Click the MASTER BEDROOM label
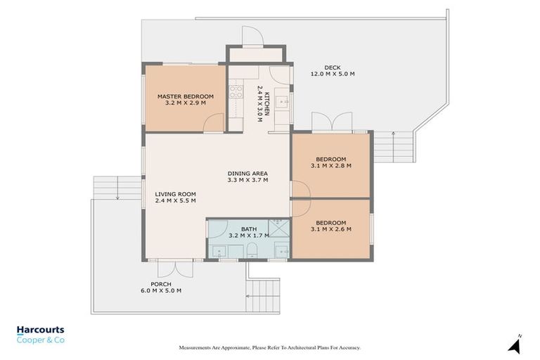[x=185, y=96]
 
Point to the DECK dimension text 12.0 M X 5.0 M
[x=333, y=74]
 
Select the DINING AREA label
[x=248, y=173]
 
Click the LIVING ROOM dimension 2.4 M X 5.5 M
[x=175, y=200]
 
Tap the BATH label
[x=249, y=229]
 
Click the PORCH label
[x=161, y=284]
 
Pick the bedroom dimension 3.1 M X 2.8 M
[x=330, y=166]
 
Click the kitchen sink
[x=283, y=103]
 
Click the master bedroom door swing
[x=214, y=123]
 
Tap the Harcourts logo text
[x=40, y=329]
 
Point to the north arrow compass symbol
[x=515, y=344]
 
